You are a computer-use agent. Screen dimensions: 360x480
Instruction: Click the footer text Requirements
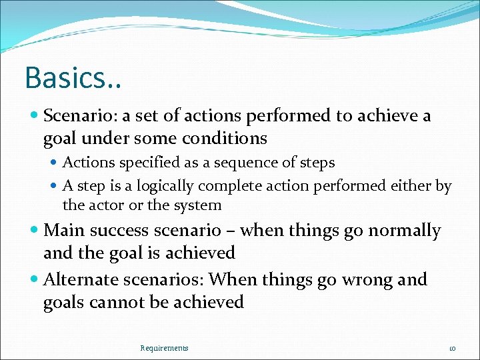pyautogui.click(x=164, y=348)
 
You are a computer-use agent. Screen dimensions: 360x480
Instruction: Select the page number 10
pyautogui.click(x=451, y=348)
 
